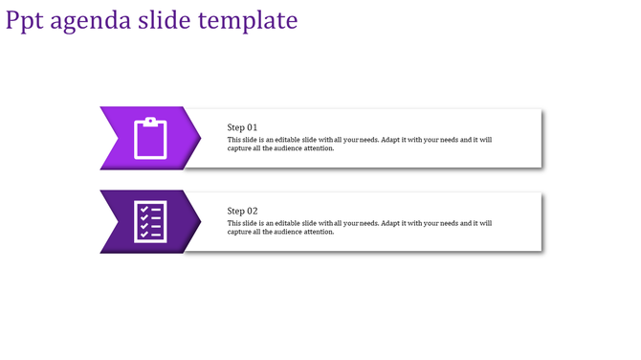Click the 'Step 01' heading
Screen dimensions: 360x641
(242, 127)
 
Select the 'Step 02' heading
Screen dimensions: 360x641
(242, 211)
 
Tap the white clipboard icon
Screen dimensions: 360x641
(150, 138)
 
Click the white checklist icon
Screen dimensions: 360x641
(150, 221)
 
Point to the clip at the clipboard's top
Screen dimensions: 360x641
(150, 122)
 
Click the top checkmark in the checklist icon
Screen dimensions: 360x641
(144, 209)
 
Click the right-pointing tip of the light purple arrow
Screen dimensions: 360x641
(199, 138)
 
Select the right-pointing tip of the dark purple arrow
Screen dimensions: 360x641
(199, 221)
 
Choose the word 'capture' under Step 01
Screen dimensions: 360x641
(241, 148)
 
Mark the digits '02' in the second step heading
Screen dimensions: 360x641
(253, 211)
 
